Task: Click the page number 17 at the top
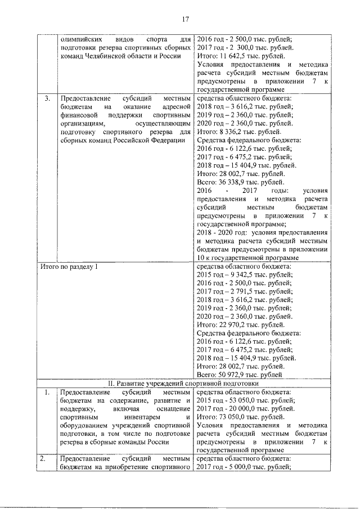(x=184, y=21)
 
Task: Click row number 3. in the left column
(x=48, y=98)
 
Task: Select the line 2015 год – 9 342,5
(x=242, y=274)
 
